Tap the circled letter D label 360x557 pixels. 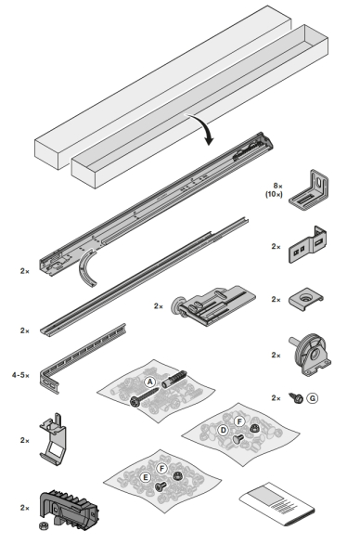tap(224, 430)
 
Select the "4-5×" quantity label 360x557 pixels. tap(21, 375)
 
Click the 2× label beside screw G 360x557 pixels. tap(276, 398)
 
